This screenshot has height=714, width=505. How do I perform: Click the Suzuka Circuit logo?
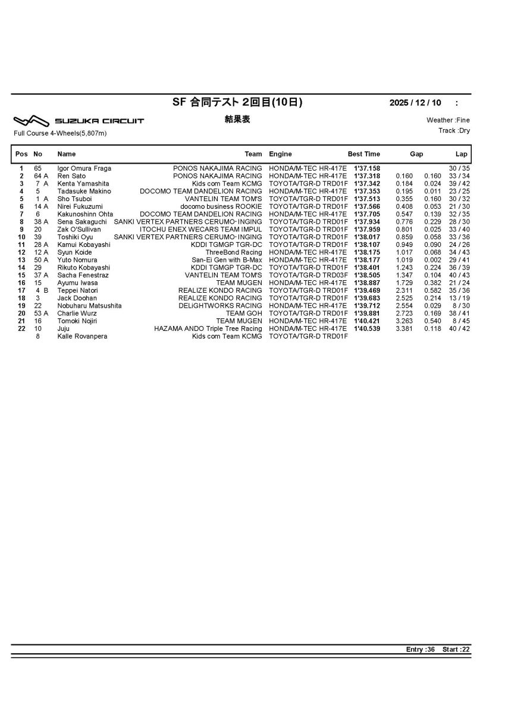pyautogui.click(x=79, y=121)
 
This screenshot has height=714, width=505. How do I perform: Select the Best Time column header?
pyautogui.click(x=364, y=154)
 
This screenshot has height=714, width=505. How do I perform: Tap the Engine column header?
pyautogui.click(x=280, y=154)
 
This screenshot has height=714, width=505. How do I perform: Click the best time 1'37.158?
pyautogui.click(x=367, y=168)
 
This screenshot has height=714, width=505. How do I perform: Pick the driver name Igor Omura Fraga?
pyautogui.click(x=84, y=168)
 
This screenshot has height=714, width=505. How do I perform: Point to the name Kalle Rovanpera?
pyautogui.click(x=82, y=336)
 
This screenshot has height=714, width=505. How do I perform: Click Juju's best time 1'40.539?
pyautogui.click(x=367, y=328)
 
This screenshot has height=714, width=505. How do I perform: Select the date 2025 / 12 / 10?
pyautogui.click(x=417, y=103)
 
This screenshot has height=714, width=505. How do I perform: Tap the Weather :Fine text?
pyautogui.click(x=448, y=120)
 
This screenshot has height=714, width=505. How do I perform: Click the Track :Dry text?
pyautogui.click(x=454, y=130)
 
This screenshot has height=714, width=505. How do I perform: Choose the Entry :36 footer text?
pyautogui.click(x=421, y=649)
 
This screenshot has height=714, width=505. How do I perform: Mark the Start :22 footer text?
pyautogui.click(x=456, y=649)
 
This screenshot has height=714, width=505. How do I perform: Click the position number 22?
pyautogui.click(x=21, y=328)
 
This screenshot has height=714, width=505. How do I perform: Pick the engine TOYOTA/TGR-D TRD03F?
pyautogui.click(x=308, y=275)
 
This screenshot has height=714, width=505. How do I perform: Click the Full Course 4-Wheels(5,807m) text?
pyautogui.click(x=60, y=133)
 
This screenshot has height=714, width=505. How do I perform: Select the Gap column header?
pyautogui.click(x=416, y=154)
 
